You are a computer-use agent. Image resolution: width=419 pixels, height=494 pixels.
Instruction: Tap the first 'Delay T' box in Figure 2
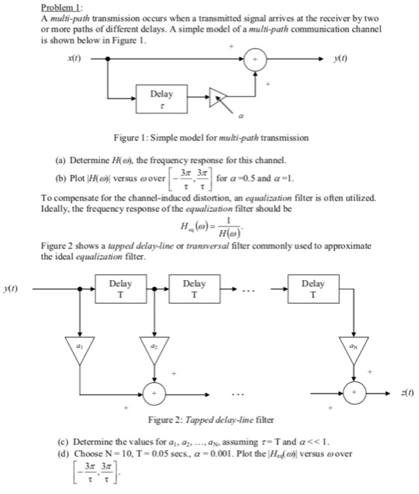click(x=122, y=289)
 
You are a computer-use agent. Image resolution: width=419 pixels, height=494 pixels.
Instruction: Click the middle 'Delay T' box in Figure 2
click(x=194, y=289)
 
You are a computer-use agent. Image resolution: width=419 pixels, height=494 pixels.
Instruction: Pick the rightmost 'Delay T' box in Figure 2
click(x=312, y=289)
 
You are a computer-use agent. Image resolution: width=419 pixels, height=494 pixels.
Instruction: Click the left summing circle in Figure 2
click(x=152, y=390)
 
